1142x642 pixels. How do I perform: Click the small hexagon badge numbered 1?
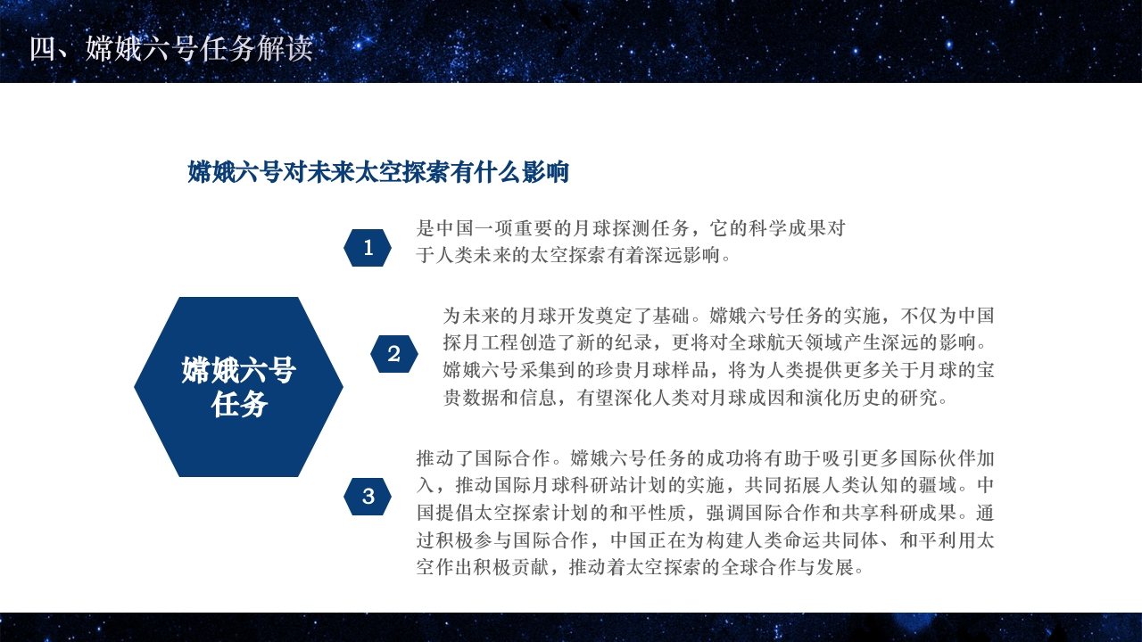pyautogui.click(x=368, y=248)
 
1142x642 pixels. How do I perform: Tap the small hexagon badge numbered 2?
pyautogui.click(x=394, y=354)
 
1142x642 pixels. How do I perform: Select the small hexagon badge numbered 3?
pyautogui.click(x=368, y=497)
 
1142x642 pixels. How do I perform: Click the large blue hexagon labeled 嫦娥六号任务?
pyautogui.click(x=238, y=387)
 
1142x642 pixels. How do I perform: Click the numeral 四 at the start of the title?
pyautogui.click(x=42, y=49)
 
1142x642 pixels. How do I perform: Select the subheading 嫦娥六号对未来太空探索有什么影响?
pyautogui.click(x=378, y=172)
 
